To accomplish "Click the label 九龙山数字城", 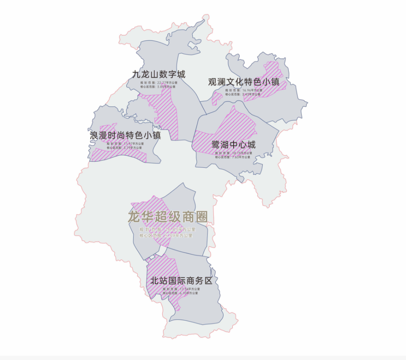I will [x=158, y=74].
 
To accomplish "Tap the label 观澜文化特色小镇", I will [x=244, y=82].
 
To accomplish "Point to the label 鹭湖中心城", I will [x=233, y=144].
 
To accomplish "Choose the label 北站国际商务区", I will [x=181, y=281].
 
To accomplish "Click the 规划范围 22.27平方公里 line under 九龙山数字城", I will [x=158, y=82].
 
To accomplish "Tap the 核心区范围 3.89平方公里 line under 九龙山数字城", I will [x=158, y=87].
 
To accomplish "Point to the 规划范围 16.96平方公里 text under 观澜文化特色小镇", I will [x=244, y=90].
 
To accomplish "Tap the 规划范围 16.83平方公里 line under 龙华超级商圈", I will [x=167, y=229].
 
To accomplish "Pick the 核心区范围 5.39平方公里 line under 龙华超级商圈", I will [x=166, y=236].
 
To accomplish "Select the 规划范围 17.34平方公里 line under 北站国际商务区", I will [x=181, y=289].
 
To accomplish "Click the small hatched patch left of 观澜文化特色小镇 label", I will [x=216, y=98].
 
